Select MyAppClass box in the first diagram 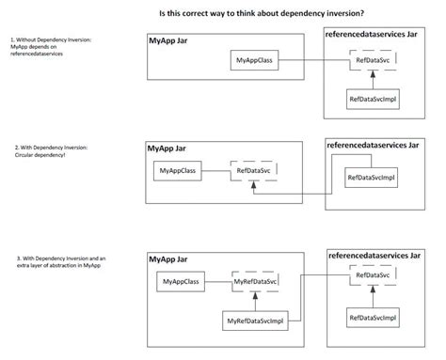[x=253, y=61]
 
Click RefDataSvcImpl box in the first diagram [x=372, y=99]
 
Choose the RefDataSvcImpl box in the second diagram [x=371, y=177]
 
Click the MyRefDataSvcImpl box [x=253, y=321]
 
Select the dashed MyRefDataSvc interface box [x=254, y=282]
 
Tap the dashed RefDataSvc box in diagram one [x=372, y=61]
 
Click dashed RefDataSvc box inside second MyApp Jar [x=254, y=172]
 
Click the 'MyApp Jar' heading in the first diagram [x=169, y=42]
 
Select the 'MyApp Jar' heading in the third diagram [x=170, y=258]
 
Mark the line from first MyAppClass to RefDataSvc [x=311, y=61]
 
